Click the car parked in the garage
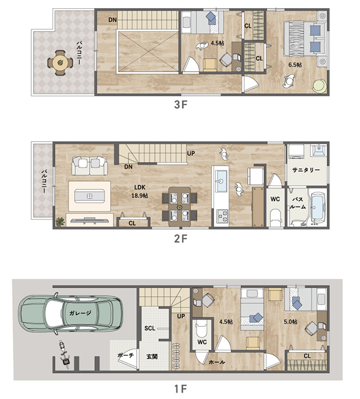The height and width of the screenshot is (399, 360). (71, 314)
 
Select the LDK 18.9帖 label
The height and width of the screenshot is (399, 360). (140, 191)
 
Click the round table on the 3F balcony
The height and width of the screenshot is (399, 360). (60, 62)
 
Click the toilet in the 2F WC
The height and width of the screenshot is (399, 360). (275, 216)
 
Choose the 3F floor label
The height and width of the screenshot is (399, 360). (181, 105)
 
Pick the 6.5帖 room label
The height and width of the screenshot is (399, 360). (295, 65)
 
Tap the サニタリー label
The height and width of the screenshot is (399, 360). (306, 170)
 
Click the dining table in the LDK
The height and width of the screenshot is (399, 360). (180, 207)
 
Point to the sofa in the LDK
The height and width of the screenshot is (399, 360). (90, 166)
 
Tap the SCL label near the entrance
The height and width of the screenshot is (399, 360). (150, 328)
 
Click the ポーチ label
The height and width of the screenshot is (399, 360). (125, 355)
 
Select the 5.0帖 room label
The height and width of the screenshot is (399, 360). (290, 322)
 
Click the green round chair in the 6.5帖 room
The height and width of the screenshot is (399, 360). (320, 86)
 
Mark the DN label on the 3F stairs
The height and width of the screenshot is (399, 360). (112, 19)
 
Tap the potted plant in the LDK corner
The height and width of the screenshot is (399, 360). (60, 222)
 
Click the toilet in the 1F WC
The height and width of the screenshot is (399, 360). (202, 328)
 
